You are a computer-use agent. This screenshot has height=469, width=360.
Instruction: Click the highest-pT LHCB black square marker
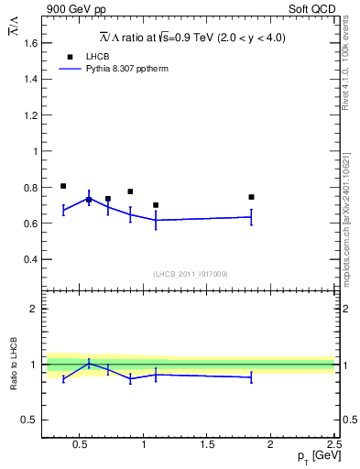pos(251,197)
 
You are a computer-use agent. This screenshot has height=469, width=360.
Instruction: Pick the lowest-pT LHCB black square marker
pos(63,186)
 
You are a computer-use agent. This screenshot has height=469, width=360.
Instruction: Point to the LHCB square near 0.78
pos(130,191)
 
